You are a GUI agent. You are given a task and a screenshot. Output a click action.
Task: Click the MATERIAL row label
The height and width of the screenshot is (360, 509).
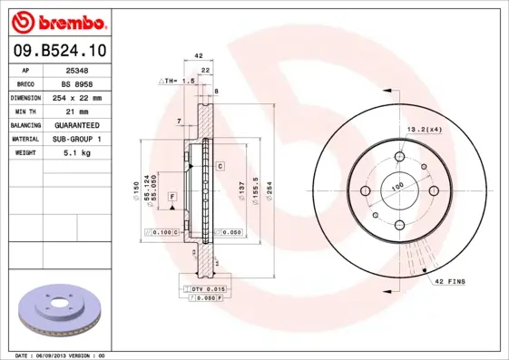click(25, 139)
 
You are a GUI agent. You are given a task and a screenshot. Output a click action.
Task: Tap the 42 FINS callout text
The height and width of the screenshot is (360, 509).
click(450, 282)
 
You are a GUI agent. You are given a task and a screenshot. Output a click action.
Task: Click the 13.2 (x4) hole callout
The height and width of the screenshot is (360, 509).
click(425, 129)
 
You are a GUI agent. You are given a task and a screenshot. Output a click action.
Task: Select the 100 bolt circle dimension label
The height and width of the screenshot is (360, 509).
click(396, 187)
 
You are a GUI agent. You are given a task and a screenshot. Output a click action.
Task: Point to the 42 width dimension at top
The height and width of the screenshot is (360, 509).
click(199, 56)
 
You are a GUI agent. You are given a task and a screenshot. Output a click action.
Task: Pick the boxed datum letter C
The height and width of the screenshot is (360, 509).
click(220, 167)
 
